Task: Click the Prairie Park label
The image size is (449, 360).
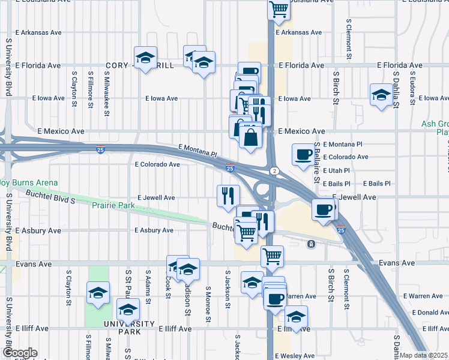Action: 113,206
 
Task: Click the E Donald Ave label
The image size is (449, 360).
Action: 426,313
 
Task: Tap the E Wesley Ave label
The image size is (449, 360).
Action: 296,356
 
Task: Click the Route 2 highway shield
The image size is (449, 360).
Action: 274,171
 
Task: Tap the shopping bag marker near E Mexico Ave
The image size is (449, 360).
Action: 250,136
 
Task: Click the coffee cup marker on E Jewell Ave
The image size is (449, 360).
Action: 324,209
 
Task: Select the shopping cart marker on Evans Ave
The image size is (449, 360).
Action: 273,256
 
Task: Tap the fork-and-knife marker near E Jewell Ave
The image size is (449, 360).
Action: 228,195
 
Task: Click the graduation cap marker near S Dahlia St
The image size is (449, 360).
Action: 381,94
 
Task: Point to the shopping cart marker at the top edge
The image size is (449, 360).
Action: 279,9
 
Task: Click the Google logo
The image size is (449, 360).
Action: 20,353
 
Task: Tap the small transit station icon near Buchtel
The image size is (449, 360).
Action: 311,244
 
